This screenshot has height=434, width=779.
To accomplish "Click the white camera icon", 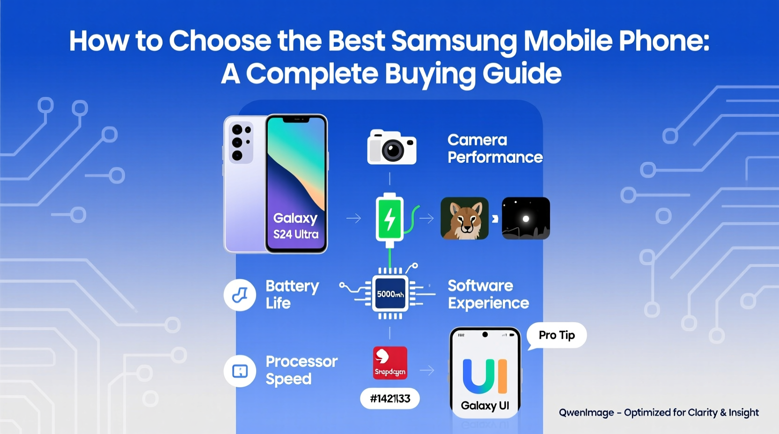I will click(x=392, y=147).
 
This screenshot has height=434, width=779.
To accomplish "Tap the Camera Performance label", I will click(x=494, y=149).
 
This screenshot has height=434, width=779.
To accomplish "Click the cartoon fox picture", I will click(x=464, y=218).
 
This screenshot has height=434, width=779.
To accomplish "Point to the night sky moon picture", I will click(x=526, y=218).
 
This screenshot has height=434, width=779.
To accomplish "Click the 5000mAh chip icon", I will click(x=390, y=294).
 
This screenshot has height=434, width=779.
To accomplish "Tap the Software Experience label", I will click(x=488, y=294).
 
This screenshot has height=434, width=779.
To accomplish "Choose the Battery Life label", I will click(x=292, y=295).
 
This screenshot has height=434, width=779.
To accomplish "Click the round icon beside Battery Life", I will click(x=240, y=295).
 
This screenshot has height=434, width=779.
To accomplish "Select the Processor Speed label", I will click(x=301, y=370).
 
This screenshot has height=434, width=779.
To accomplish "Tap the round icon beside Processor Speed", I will click(x=240, y=371).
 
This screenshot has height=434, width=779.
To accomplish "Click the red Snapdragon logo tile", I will click(x=390, y=363).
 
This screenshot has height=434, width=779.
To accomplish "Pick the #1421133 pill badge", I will click(x=390, y=398).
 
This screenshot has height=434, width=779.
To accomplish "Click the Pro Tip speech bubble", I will click(x=557, y=335).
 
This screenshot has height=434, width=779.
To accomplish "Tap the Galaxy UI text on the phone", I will click(x=485, y=405).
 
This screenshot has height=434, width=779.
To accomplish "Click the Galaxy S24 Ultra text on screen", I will click(x=296, y=226).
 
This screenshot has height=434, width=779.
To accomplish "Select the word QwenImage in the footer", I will click(x=586, y=412).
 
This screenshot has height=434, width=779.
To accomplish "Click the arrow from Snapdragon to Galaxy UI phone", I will click(x=427, y=370).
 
